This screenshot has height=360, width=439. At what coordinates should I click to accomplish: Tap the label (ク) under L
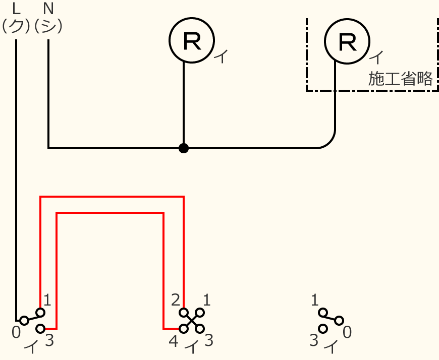[16, 26]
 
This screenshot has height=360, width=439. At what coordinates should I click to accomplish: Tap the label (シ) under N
[48, 26]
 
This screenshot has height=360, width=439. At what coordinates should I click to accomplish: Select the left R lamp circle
[191, 41]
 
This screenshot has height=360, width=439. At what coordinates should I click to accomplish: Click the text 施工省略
[400, 79]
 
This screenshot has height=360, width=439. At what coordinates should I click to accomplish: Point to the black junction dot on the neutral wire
[184, 148]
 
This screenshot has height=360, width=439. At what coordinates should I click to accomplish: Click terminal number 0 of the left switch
[17, 332]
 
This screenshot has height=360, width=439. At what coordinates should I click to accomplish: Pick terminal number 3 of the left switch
[49, 341]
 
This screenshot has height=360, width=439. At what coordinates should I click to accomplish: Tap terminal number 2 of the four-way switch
[176, 301]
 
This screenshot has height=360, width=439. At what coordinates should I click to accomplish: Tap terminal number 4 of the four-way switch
[174, 341]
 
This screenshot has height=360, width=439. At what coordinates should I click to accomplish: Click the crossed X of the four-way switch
[192, 321]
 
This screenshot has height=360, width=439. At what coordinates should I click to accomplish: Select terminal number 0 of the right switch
[347, 332]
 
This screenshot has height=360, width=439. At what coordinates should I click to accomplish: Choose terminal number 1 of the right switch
[315, 301]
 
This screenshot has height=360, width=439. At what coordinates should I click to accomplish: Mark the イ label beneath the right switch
[331, 347]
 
